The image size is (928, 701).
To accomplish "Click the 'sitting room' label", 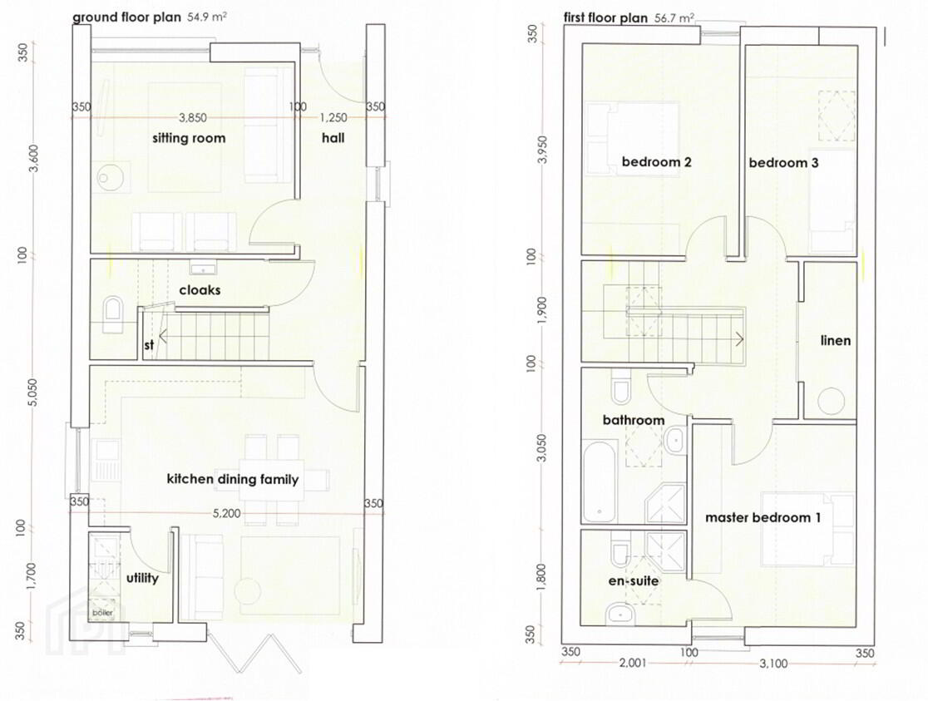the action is (x=189, y=139).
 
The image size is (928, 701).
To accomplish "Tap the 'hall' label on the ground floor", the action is (x=333, y=138).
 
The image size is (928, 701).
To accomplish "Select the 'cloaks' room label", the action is (x=200, y=290).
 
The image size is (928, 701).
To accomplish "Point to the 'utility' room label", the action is (x=142, y=578).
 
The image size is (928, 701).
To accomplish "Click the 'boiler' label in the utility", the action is (x=101, y=613).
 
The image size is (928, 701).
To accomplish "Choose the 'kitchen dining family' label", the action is (x=233, y=479).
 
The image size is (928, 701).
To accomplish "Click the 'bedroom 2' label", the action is (x=656, y=161).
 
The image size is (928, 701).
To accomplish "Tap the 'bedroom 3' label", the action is (x=783, y=163).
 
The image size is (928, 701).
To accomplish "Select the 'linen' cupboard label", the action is (x=836, y=340).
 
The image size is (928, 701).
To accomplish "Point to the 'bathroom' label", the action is (x=634, y=420).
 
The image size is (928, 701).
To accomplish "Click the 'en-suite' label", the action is (x=634, y=580).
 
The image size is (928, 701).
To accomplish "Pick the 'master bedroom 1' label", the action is (x=763, y=517).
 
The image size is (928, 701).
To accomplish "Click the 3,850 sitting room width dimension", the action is (x=193, y=118).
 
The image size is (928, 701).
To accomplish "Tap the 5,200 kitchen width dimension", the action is (x=227, y=513).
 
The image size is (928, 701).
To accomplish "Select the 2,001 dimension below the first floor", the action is (x=633, y=663).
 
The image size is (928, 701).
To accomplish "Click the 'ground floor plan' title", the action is (x=126, y=17).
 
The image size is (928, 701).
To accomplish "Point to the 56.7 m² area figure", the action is (x=674, y=17).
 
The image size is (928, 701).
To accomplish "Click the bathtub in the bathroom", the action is (x=600, y=481).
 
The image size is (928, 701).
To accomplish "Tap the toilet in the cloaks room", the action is (x=111, y=313).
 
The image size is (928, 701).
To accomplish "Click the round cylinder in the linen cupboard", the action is (x=831, y=401).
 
